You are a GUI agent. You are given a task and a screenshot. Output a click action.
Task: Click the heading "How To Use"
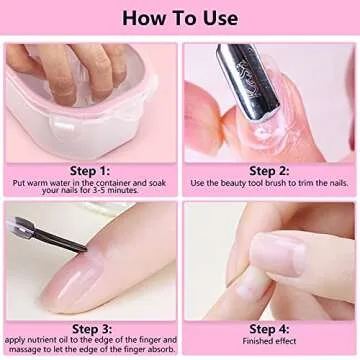click(180, 18)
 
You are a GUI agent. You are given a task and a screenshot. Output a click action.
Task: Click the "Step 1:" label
click(91, 171)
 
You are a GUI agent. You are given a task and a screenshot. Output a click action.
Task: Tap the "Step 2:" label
click(269, 171)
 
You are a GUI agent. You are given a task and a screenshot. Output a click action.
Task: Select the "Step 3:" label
click(91, 326)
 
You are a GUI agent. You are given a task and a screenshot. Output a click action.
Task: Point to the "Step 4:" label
click(269, 326)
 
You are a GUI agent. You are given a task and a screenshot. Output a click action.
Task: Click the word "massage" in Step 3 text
click(30, 350)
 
